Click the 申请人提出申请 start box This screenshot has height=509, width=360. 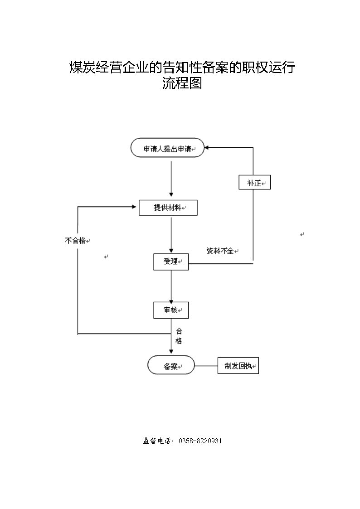(167, 148)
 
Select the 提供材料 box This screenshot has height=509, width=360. (168, 208)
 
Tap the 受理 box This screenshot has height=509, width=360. (170, 262)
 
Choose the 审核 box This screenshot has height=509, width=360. (170, 310)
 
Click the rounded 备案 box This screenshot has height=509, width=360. (171, 365)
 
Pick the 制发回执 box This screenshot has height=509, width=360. (238, 366)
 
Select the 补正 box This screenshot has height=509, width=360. (254, 183)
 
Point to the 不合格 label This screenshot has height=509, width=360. (75, 241)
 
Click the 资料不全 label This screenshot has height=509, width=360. (220, 251)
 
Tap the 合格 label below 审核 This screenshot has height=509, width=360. (179, 336)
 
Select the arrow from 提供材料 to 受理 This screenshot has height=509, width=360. (171, 235)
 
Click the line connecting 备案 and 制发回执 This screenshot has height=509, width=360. (206, 365)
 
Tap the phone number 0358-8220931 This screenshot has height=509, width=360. (200, 441)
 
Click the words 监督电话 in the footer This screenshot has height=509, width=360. (157, 441)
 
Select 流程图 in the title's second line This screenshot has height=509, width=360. (182, 83)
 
